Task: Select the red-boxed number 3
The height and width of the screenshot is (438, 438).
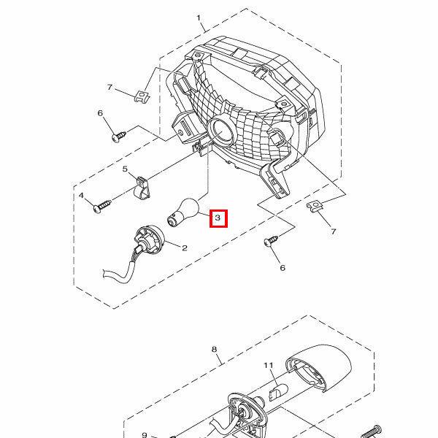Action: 218,218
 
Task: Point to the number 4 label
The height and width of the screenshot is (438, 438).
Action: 82,196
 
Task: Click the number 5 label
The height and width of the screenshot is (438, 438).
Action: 125,169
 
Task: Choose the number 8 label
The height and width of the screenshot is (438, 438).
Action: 215,349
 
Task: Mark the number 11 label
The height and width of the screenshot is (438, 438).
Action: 268,364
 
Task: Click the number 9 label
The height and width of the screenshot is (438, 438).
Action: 144,434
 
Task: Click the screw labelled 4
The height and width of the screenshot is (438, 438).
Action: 103,207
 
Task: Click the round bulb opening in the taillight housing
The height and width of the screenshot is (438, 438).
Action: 220,131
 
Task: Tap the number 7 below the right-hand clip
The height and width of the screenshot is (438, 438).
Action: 334,231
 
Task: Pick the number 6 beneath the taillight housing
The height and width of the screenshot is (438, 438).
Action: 282,268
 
